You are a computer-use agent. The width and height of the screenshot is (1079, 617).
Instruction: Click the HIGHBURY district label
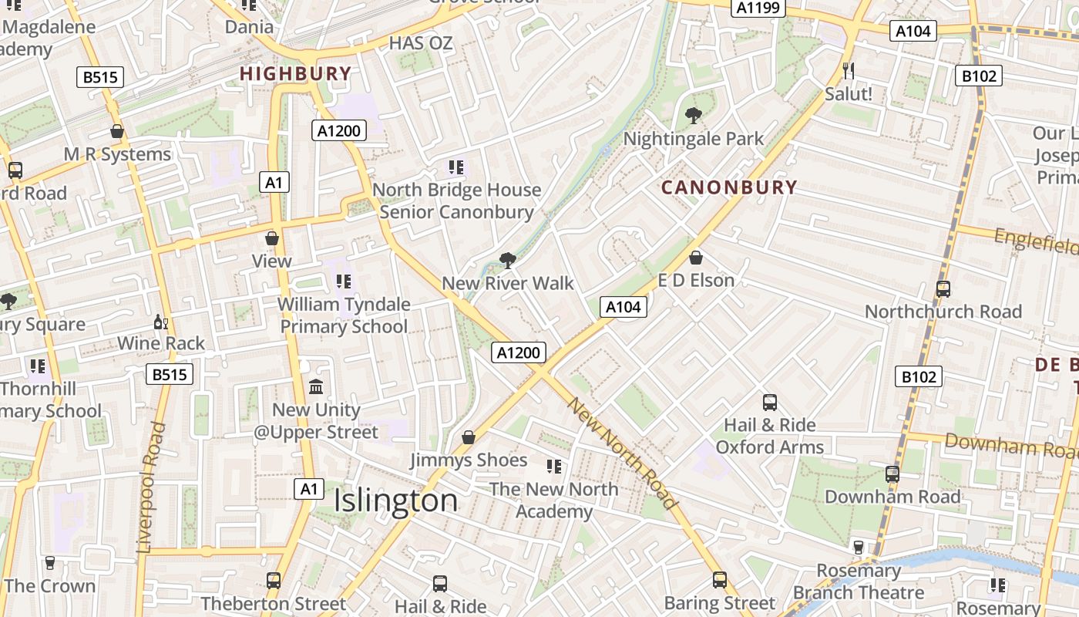point(295,74)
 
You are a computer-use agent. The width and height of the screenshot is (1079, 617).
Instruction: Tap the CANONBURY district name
point(729,187)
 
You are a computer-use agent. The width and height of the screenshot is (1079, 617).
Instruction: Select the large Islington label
point(395,501)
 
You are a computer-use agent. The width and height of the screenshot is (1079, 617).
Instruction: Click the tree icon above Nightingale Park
point(694,116)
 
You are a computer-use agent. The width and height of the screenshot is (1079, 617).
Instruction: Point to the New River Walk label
point(508,283)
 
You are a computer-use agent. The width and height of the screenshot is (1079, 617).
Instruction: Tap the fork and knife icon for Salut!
point(849,71)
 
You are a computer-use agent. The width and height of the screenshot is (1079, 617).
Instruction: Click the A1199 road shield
point(758,8)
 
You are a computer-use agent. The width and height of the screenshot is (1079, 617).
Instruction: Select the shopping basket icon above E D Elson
point(696,258)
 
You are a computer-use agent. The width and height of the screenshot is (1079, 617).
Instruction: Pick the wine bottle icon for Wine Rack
point(160,322)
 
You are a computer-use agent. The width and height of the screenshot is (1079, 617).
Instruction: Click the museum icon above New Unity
point(316,386)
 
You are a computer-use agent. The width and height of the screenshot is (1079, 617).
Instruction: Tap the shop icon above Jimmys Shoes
point(468,438)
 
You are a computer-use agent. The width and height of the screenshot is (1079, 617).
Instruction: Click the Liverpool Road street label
point(151,487)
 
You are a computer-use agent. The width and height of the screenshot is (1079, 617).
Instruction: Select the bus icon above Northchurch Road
point(943,289)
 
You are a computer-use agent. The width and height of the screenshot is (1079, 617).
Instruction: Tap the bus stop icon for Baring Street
point(719,580)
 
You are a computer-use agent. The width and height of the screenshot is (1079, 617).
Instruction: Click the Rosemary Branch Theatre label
point(859,582)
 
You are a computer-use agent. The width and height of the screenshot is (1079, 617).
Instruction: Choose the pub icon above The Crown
point(50,563)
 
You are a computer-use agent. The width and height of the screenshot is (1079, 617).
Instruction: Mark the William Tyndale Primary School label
point(344,315)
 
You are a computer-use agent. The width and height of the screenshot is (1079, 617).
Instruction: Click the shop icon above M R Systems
point(117,132)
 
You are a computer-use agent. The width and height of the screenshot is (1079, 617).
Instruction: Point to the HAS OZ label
point(421,43)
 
